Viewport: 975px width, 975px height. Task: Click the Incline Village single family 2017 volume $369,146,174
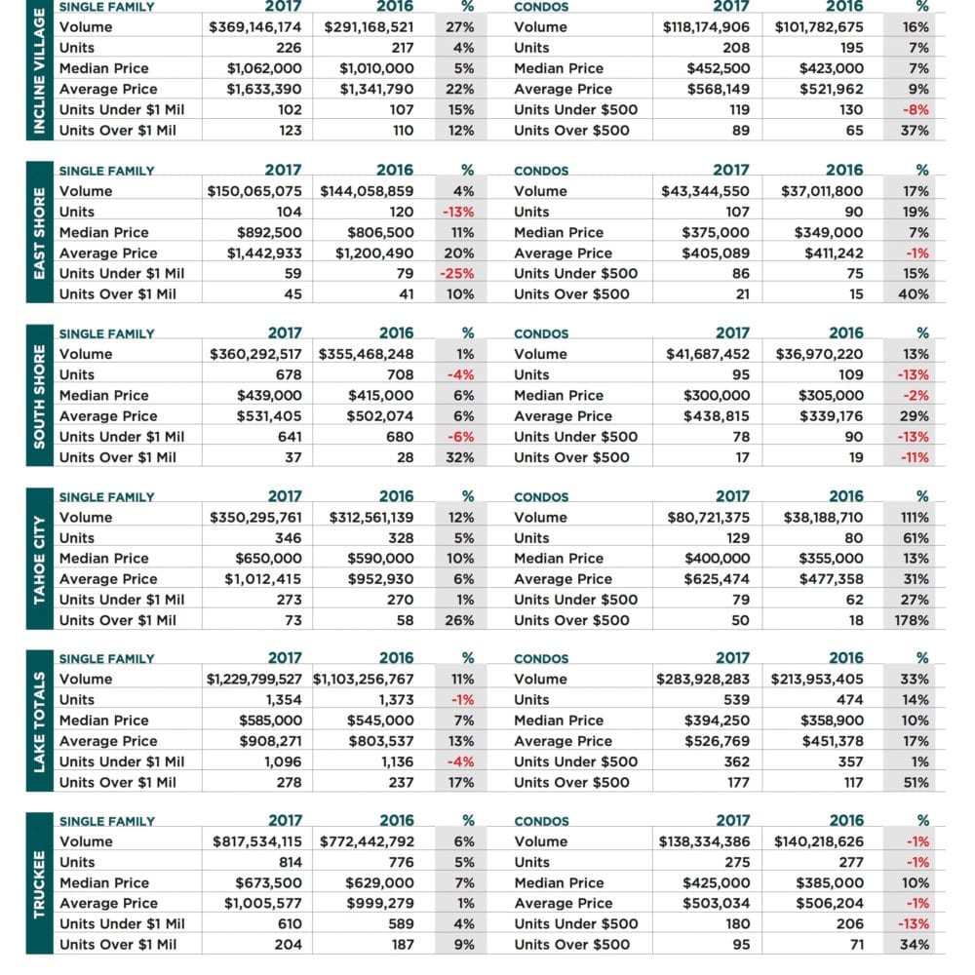[254, 27]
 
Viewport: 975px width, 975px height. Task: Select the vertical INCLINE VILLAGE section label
[39, 70]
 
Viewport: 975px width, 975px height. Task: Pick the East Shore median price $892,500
[269, 233]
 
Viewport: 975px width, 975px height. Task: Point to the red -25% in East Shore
[457, 274]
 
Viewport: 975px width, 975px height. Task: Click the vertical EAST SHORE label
[39, 233]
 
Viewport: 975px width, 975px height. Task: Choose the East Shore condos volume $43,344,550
[705, 191]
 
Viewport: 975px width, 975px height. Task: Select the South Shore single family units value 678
[289, 375]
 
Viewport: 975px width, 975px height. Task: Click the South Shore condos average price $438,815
[717, 416]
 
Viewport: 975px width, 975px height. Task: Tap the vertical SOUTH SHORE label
[39, 396]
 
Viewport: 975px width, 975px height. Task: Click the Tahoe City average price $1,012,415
[263, 579]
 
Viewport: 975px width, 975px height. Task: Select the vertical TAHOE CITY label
[39, 560]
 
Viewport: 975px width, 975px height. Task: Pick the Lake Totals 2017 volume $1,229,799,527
[254, 680]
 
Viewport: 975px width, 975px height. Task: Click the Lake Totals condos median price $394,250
[717, 721]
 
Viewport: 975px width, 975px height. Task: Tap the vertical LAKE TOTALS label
[39, 721]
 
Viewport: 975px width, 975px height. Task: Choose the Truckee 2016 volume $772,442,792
[367, 842]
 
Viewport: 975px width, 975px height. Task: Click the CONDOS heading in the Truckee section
[541, 821]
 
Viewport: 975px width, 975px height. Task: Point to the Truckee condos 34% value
[915, 945]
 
